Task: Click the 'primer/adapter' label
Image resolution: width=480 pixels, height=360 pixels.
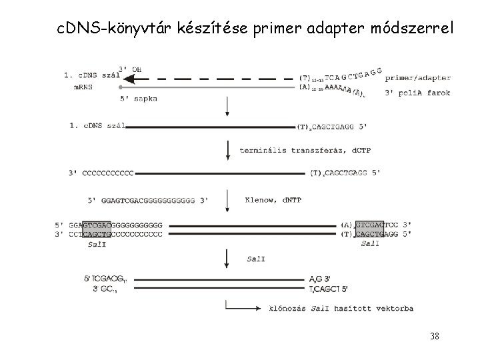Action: coord(418,78)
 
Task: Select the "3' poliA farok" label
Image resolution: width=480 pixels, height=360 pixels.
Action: coord(417,93)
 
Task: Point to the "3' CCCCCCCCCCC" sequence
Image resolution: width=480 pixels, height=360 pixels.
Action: coord(101,173)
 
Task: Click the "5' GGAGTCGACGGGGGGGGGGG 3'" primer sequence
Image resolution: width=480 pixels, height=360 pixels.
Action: coord(149,199)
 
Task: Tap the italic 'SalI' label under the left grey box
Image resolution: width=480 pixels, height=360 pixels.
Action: coord(96,244)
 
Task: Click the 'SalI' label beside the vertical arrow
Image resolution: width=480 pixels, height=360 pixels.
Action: coord(255,259)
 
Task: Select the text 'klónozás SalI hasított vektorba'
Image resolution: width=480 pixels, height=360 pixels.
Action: coord(340,308)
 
